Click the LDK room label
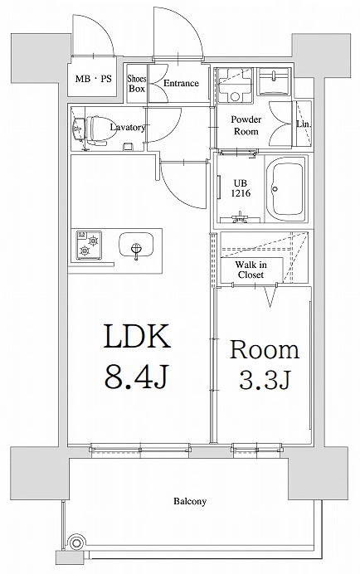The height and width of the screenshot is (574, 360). click(137, 338)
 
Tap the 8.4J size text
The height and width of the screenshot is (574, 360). click(137, 379)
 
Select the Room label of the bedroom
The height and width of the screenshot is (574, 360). click(264, 349)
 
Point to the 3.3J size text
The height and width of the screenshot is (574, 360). click(264, 382)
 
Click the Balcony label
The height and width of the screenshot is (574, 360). click(190, 502)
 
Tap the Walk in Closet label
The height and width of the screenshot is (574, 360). click(250, 269)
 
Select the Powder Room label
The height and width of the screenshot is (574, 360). click(246, 125)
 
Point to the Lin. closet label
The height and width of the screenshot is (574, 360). click(303, 124)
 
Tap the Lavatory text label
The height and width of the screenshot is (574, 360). click(129, 128)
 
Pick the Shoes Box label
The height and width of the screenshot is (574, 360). click(137, 84)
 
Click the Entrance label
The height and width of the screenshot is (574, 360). click(180, 84)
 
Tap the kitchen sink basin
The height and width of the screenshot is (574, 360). click(136, 246)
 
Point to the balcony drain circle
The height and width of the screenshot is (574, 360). click(76, 543)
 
